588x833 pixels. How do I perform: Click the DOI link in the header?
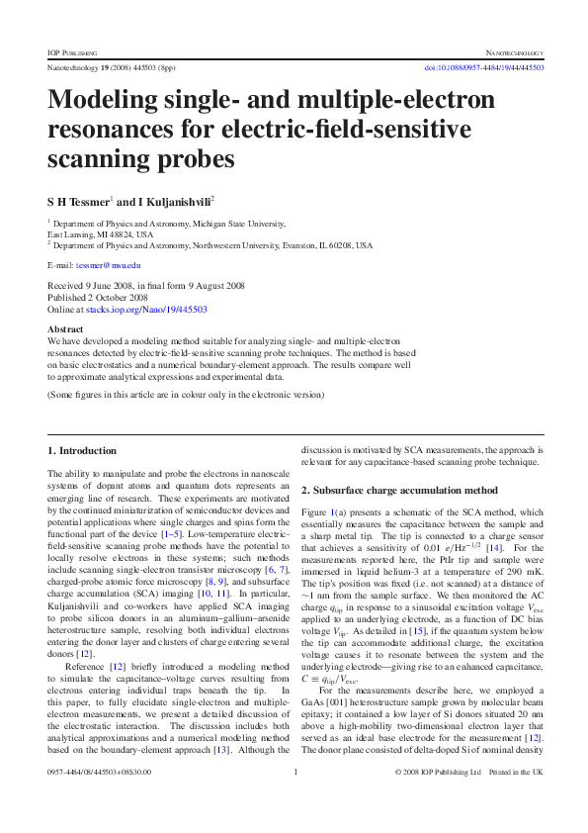[x=484, y=67]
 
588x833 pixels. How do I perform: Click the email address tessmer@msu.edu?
[x=113, y=266]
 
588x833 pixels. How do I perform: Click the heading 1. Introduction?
[x=82, y=450]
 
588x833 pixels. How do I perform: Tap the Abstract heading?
[x=64, y=327]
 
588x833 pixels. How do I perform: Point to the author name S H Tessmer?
[x=83, y=200]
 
